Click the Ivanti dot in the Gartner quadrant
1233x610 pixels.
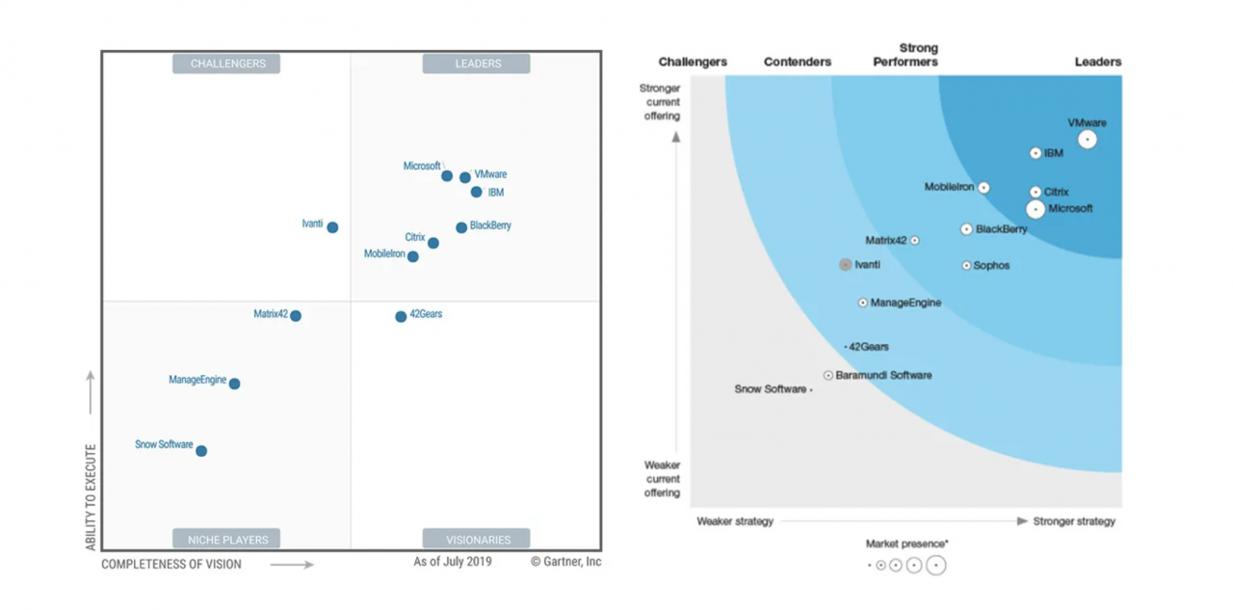click(x=332, y=227)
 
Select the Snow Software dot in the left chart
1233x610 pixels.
click(x=201, y=451)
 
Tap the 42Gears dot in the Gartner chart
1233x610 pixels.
click(x=401, y=317)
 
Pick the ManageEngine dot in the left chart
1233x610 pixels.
click(x=234, y=384)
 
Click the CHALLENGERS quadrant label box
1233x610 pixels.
click(x=226, y=64)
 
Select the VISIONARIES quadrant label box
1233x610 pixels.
click(x=477, y=539)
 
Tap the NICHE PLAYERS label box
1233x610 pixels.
click(x=226, y=539)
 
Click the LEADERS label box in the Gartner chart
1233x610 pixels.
click(x=477, y=64)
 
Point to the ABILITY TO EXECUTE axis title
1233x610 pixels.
click(x=92, y=496)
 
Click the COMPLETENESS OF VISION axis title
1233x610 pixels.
click(x=171, y=564)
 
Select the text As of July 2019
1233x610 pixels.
click(x=453, y=561)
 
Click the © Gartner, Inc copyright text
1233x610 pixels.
click(x=565, y=561)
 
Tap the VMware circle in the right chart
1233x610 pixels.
click(x=1088, y=140)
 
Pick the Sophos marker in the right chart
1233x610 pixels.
click(x=966, y=265)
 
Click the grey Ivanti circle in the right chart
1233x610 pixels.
click(x=845, y=264)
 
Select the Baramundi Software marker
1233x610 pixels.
click(x=828, y=375)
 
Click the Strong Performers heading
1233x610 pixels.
click(x=905, y=55)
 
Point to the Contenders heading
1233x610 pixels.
click(x=798, y=62)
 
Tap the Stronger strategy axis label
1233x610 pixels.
click(x=1074, y=521)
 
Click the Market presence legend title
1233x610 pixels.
click(x=906, y=544)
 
